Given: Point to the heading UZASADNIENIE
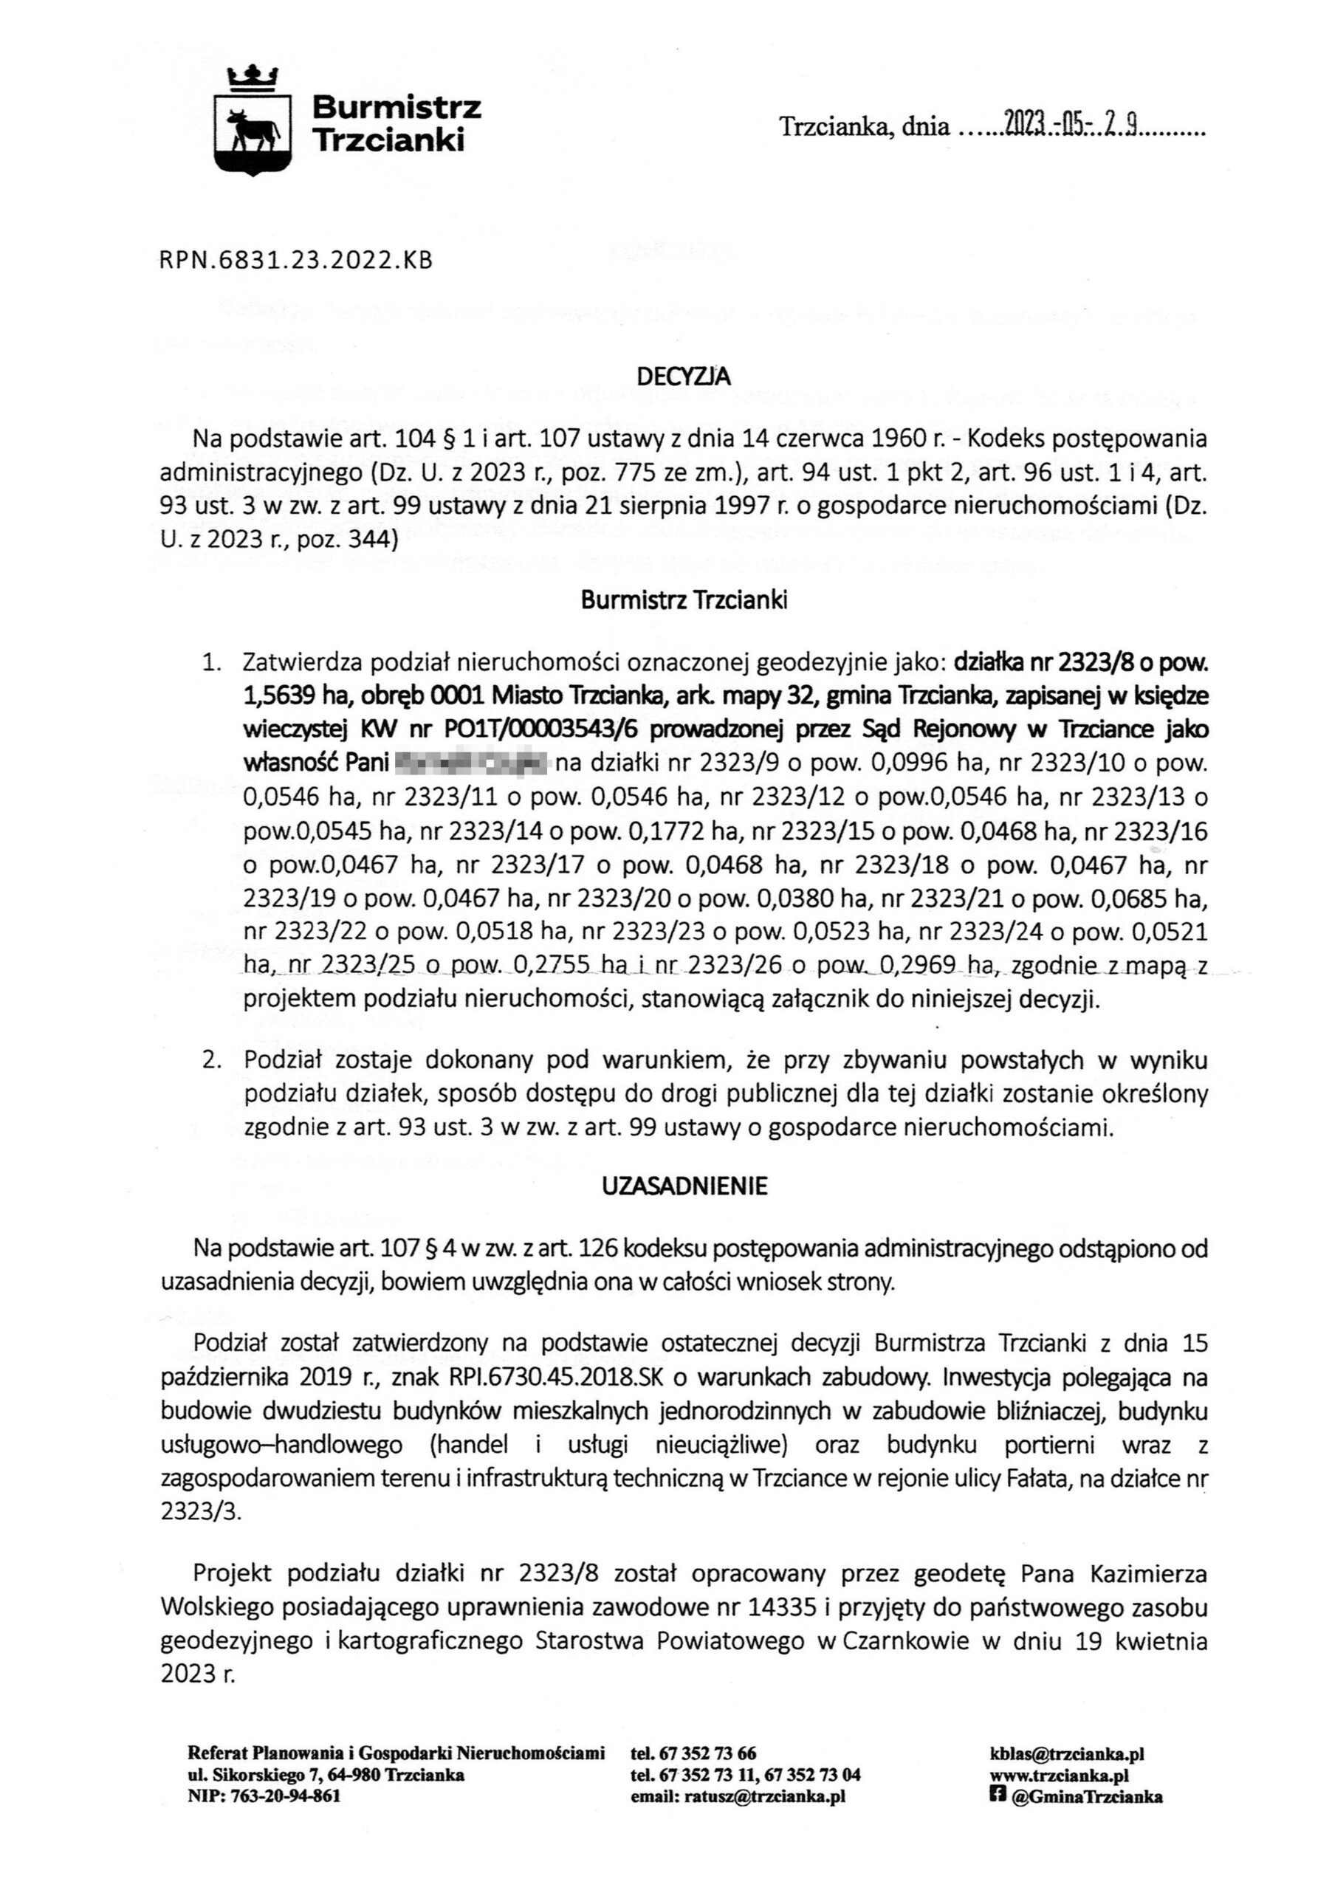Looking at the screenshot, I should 684,1186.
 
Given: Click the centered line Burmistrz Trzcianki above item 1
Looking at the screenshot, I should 684,600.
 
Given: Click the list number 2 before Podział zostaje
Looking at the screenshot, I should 212,1060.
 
